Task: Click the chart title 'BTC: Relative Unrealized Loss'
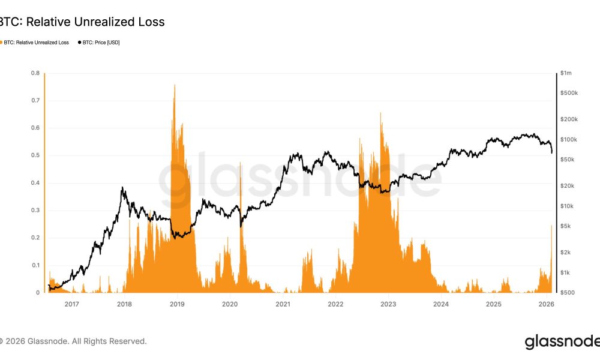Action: (x=82, y=22)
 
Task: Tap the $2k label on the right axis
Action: (x=565, y=252)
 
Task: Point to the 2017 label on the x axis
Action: (x=71, y=304)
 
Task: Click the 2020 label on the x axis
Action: (x=230, y=304)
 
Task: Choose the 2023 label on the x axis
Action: (x=388, y=304)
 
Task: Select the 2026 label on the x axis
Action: (x=547, y=304)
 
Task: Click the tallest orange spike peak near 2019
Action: (x=175, y=85)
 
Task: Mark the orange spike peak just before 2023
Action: (x=381, y=113)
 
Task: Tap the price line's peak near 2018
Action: (x=122, y=188)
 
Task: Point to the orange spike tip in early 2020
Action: (x=241, y=163)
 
